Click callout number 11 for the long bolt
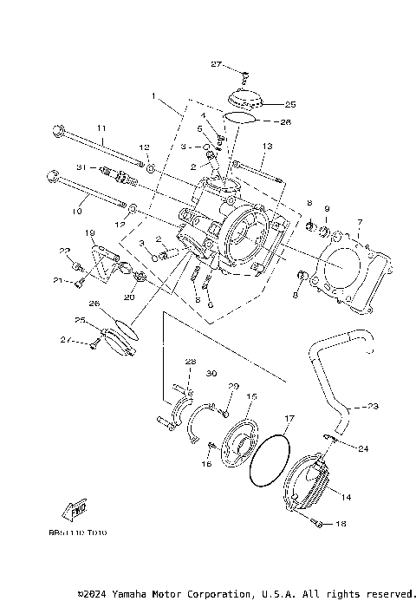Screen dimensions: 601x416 tap(101, 128)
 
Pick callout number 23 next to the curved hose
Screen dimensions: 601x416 tap(374, 406)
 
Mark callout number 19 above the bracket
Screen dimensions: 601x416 tap(88, 234)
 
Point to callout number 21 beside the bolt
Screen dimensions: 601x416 tap(59, 280)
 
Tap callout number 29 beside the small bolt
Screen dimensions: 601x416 tap(232, 385)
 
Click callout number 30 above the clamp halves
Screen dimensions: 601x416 tap(211, 374)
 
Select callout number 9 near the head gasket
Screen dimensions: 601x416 tap(328, 209)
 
